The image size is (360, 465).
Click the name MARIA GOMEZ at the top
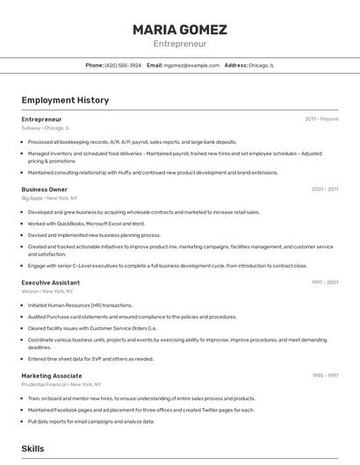(179, 30)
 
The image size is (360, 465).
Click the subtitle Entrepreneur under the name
(179, 43)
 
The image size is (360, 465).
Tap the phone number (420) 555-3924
(123, 65)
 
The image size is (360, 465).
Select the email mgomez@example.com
(191, 65)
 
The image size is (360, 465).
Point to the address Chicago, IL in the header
(261, 65)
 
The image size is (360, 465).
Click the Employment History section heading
(65, 100)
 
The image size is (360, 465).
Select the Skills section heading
(32, 448)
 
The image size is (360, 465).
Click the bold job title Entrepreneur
(41, 118)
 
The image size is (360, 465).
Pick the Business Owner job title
(44, 189)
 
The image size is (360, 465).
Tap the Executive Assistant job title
(50, 283)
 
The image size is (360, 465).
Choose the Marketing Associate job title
(51, 376)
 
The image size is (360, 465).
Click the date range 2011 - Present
(321, 118)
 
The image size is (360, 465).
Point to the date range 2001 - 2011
(324, 189)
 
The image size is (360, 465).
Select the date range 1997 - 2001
(324, 283)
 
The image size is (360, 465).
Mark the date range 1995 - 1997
(324, 376)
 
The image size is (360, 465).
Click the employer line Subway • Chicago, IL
(46, 127)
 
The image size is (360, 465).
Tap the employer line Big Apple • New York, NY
(51, 197)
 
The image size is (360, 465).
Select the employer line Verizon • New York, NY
(47, 291)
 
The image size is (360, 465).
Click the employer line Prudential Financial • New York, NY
(61, 384)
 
